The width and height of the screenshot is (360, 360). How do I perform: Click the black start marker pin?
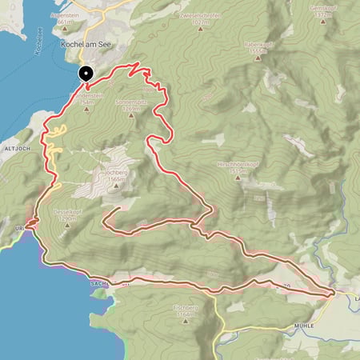(x=85, y=74)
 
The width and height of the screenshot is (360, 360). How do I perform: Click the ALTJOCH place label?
(x=17, y=148)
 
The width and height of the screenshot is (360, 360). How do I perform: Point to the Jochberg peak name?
(x=117, y=172)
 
